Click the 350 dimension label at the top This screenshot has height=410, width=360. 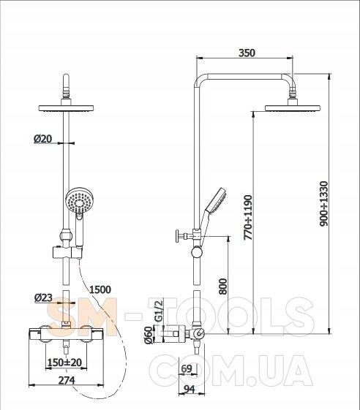247,53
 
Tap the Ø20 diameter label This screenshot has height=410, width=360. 42,139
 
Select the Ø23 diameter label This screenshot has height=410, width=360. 43,297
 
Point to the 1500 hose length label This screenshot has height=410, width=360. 100,289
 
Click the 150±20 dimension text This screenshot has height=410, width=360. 64,362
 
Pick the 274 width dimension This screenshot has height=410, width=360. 67,380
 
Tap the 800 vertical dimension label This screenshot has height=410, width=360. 223,286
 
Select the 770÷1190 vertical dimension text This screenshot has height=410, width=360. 247,217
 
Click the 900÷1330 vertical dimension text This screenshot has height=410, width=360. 324,204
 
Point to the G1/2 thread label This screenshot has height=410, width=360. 159,311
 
